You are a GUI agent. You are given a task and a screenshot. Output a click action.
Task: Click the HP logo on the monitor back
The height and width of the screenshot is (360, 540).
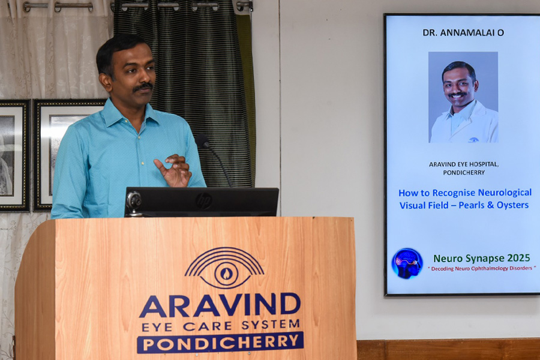(x=203, y=201)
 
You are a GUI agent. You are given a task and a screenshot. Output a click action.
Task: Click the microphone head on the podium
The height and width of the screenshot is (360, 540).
(x=202, y=140)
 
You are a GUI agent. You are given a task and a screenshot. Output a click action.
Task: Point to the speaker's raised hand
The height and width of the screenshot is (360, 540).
(x=173, y=170)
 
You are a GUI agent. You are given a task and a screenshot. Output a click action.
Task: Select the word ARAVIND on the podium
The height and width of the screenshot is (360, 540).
(x=220, y=305)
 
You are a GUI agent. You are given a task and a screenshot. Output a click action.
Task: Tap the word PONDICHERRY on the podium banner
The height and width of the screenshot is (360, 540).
(x=220, y=343)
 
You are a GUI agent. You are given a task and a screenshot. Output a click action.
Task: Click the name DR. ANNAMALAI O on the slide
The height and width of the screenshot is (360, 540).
(x=463, y=33)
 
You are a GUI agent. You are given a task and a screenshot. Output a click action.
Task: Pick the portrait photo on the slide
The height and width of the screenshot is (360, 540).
(x=463, y=97)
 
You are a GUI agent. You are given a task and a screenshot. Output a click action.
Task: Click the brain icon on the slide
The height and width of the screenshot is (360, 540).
(x=407, y=263)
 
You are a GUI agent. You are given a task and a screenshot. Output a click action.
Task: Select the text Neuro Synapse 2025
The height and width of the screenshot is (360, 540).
(x=481, y=258)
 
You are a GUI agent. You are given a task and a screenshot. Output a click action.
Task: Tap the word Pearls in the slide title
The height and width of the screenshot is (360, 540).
(x=472, y=205)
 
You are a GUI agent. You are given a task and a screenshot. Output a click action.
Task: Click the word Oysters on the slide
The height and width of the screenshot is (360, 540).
(x=513, y=205)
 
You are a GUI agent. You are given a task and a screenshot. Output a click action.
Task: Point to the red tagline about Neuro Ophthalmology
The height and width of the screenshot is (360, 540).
(x=482, y=268)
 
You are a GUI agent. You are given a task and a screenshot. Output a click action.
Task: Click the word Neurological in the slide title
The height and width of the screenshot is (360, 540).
(x=505, y=193)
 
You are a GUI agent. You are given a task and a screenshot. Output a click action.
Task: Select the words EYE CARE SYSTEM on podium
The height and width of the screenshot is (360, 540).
(x=220, y=325)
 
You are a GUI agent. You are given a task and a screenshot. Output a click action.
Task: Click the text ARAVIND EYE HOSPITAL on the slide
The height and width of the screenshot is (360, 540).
(x=464, y=164)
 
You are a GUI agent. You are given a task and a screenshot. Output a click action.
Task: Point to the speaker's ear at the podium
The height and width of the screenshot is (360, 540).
(x=104, y=82)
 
